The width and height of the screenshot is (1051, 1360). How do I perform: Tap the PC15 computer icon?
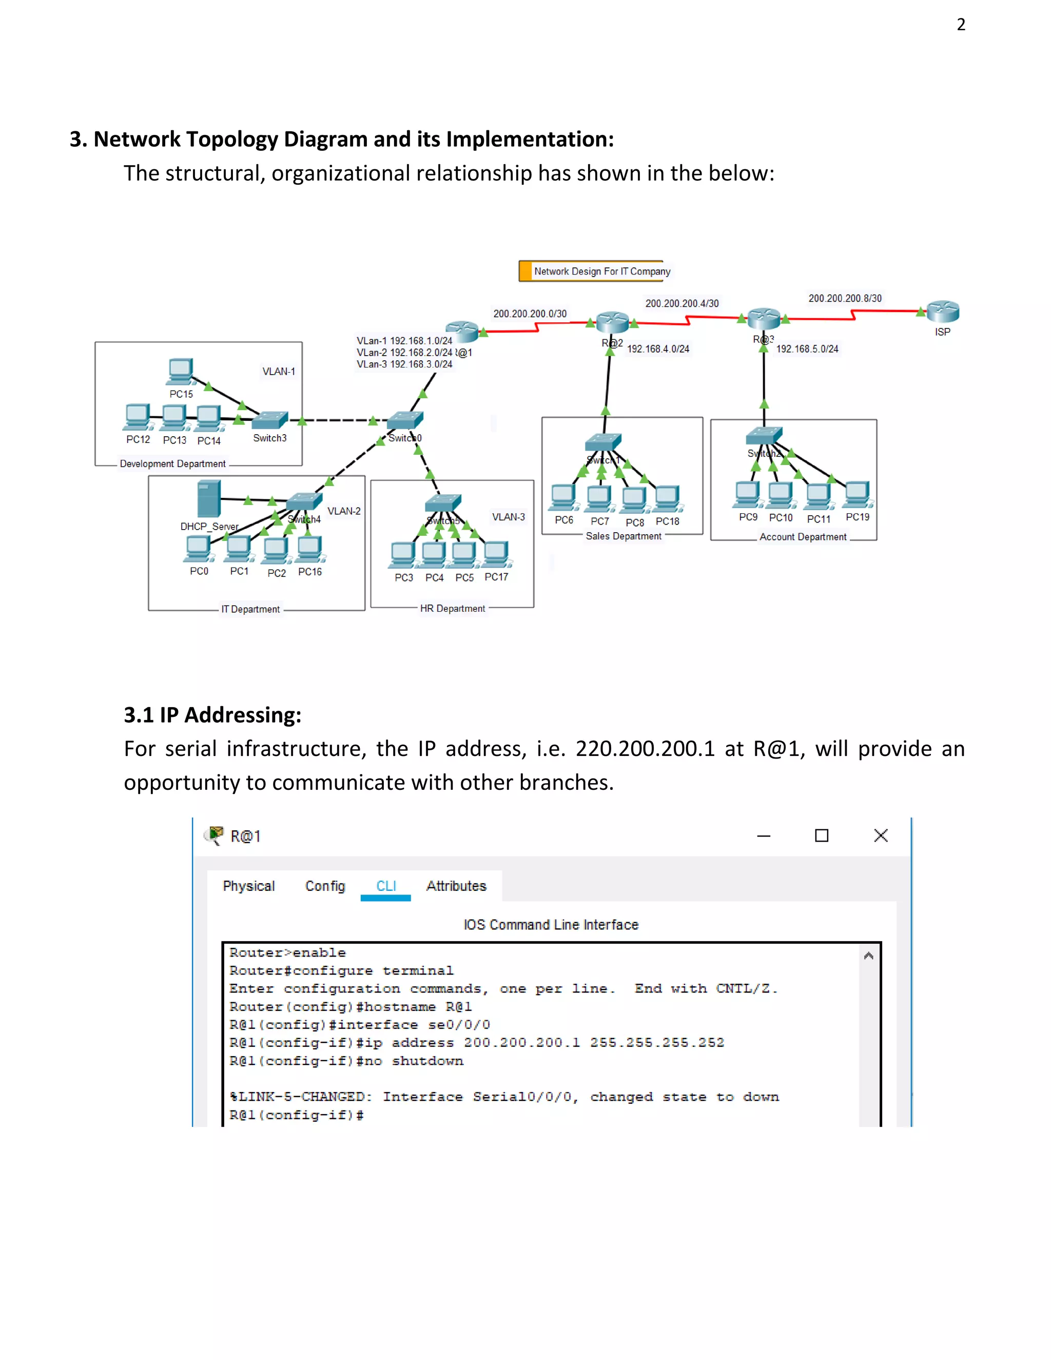180,372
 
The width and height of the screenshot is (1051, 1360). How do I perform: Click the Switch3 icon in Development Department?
270,421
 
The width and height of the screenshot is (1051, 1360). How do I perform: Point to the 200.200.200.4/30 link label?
682,303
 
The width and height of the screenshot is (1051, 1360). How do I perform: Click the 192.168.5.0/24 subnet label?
807,348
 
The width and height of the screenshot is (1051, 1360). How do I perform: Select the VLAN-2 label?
344,511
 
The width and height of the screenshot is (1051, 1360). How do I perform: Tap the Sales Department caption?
623,536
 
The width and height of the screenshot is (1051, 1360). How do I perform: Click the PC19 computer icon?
858,494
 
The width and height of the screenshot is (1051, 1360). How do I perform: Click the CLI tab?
386,886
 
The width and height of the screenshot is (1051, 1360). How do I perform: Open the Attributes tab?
456,886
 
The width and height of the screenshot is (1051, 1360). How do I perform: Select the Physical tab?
248,886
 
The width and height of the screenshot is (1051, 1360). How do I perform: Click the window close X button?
881,836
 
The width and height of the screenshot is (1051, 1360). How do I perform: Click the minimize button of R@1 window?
763,836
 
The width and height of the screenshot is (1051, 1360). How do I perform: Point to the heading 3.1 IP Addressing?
212,715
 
